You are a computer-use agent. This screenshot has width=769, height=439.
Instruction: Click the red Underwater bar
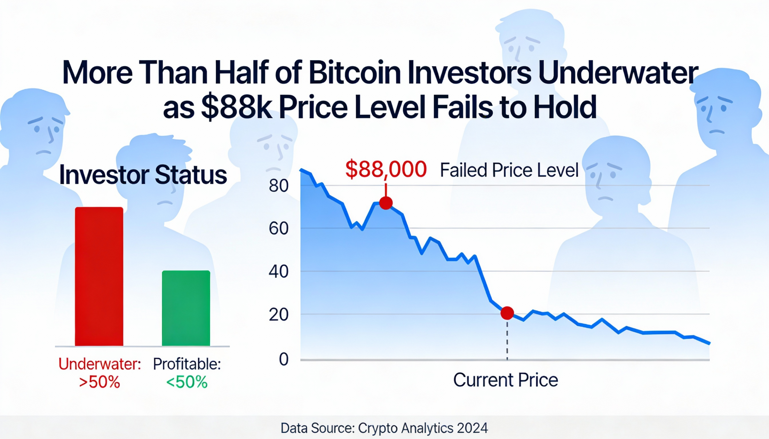pyautogui.click(x=99, y=276)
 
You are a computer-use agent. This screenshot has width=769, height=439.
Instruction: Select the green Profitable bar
pyautogui.click(x=186, y=308)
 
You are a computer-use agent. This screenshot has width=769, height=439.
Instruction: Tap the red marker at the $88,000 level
pyautogui.click(x=386, y=203)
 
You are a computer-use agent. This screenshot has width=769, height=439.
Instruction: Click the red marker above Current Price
pyautogui.click(x=507, y=313)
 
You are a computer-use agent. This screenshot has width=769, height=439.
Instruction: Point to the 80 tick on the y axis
pyautogui.click(x=278, y=186)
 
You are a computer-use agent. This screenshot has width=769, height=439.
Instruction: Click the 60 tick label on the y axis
pyautogui.click(x=278, y=229)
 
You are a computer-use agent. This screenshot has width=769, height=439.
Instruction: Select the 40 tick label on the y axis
pyautogui.click(x=278, y=272)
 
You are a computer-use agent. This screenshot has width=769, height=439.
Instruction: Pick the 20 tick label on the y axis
pyautogui.click(x=278, y=315)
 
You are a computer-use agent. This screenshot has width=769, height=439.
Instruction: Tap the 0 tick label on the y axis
pyautogui.click(x=284, y=359)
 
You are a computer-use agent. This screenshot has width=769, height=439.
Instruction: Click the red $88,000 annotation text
pyautogui.click(x=386, y=170)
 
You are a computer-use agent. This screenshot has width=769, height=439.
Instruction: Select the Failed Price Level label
pyautogui.click(x=509, y=170)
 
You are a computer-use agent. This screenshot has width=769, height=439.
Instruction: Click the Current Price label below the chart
pyautogui.click(x=506, y=380)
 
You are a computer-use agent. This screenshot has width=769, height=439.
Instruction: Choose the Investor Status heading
pyautogui.click(x=143, y=175)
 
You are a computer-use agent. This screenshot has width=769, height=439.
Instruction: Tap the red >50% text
pyautogui.click(x=100, y=382)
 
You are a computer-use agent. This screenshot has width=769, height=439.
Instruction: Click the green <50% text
pyautogui.click(x=187, y=382)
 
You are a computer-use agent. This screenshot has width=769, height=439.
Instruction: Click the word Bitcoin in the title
pyautogui.click(x=355, y=73)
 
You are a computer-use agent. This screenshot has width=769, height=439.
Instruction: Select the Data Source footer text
pyautogui.click(x=384, y=428)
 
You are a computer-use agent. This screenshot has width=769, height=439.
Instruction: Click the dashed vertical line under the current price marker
pyautogui.click(x=507, y=341)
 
